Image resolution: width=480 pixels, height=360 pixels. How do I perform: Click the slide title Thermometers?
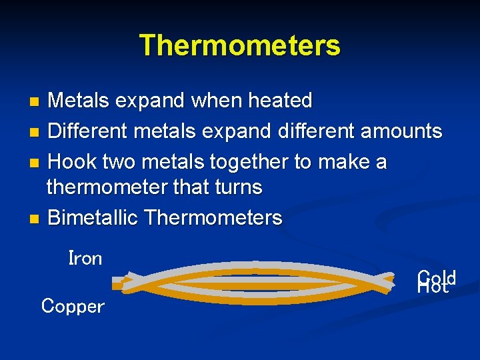click(x=240, y=45)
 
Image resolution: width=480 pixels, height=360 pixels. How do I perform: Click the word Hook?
click(x=72, y=162)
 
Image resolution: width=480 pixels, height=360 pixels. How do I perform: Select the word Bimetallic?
click(x=93, y=218)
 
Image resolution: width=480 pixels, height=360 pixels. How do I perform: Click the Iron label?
click(x=85, y=259)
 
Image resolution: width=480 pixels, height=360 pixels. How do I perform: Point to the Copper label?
click(x=73, y=307)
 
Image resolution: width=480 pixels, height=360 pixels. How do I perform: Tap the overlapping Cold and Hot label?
click(x=436, y=282)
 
